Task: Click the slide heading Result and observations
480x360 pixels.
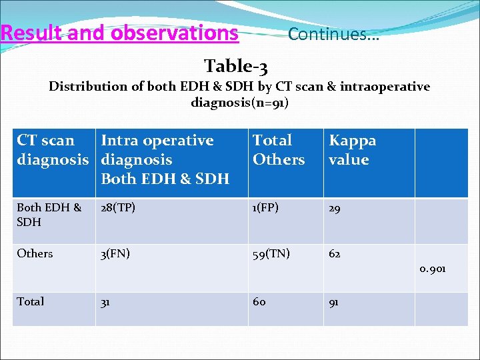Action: point(120,33)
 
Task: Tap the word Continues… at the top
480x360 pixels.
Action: point(333,34)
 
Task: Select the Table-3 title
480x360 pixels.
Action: point(236,66)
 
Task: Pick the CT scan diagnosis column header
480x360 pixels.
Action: point(52,150)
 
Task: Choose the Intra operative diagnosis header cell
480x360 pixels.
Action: point(165,159)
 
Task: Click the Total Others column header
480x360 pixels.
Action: point(278,150)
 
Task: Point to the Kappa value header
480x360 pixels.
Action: point(352,150)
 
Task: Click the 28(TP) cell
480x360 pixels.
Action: point(117,208)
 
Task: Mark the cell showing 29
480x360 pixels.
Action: point(334,208)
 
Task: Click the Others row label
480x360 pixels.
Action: point(35,253)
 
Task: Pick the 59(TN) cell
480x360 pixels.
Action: point(271,253)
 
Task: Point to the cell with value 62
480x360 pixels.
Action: point(334,253)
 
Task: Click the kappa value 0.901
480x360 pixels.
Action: point(433,269)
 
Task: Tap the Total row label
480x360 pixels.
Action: point(31,301)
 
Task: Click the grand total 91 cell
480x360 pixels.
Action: point(333,301)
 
